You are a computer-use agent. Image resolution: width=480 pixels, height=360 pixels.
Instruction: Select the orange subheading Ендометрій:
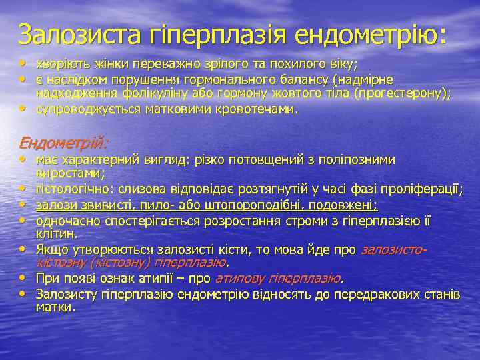(64, 143)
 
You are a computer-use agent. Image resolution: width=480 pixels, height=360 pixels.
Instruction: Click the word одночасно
(64, 219)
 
